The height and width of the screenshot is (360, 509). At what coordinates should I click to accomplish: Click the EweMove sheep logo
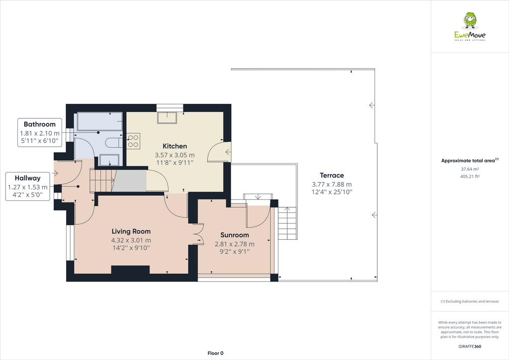pos(470,21)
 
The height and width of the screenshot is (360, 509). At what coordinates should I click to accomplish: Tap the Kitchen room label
pos(175,146)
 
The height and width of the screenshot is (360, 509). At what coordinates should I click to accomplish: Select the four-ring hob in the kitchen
pos(133,141)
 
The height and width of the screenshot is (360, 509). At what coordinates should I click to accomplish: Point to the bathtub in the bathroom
pos(98,120)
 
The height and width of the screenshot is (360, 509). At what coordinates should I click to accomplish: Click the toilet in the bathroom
pos(114,143)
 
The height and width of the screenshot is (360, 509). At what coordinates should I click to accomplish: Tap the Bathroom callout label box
pos(40,133)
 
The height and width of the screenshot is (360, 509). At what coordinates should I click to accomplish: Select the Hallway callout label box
pos(28,186)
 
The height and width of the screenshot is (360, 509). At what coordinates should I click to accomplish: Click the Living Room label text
pos(131,231)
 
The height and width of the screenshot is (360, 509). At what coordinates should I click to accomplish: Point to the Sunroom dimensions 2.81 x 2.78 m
pos(235,244)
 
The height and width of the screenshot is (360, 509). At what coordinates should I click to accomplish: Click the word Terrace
pos(332,176)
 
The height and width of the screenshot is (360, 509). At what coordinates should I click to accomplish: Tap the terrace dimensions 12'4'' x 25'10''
pos(332,192)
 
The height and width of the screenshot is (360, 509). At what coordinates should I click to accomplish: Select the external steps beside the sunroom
pos(287,223)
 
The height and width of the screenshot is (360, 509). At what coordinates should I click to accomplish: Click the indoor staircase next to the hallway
pos(102,180)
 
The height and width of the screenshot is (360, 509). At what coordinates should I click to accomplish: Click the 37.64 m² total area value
pos(469,169)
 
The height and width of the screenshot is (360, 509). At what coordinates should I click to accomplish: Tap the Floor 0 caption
pos(215,353)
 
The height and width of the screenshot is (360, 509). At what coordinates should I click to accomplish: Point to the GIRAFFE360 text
pos(469,347)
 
